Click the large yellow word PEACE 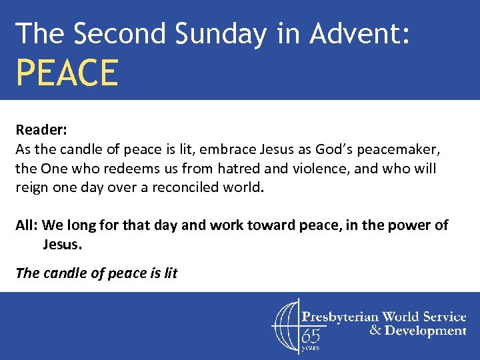click(x=67, y=73)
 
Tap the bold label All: click(x=27, y=225)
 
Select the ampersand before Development click(x=375, y=331)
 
